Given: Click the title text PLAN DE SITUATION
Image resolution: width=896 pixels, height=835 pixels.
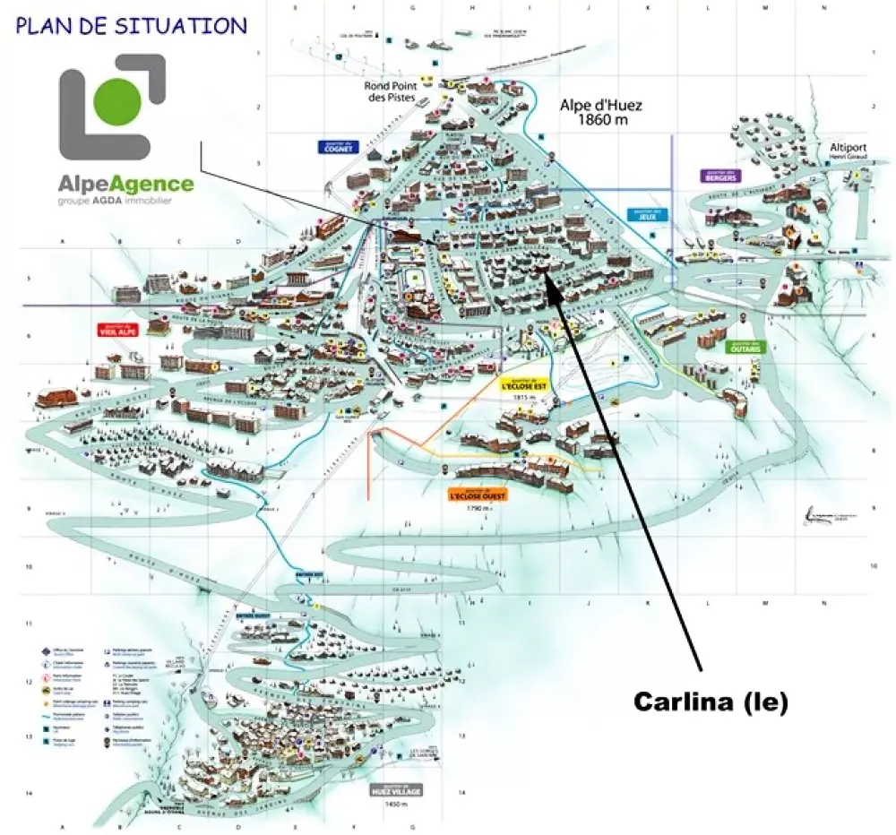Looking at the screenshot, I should pyautogui.click(x=131, y=25).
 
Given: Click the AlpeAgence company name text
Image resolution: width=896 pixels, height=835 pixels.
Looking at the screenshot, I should pyautogui.click(x=125, y=185).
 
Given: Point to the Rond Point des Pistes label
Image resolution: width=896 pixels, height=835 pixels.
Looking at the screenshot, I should pyautogui.click(x=389, y=91).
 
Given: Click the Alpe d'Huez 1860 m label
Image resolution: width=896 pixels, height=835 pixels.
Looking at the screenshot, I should pyautogui.click(x=601, y=111).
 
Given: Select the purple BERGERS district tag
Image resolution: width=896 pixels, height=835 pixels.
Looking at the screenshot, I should pyautogui.click(x=720, y=176).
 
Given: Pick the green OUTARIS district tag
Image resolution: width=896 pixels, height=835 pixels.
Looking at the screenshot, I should pyautogui.click(x=746, y=348).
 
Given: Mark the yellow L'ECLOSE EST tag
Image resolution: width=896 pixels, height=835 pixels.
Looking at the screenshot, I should pyautogui.click(x=522, y=385).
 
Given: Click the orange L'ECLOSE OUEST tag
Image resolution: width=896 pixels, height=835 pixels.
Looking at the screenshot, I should pyautogui.click(x=478, y=494).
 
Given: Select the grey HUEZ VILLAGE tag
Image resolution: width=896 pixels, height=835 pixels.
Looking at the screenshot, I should pyautogui.click(x=394, y=791).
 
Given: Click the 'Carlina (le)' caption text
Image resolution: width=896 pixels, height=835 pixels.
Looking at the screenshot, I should pyautogui.click(x=711, y=702).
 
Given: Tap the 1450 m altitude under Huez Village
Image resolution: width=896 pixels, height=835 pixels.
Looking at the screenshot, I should pyautogui.click(x=394, y=805).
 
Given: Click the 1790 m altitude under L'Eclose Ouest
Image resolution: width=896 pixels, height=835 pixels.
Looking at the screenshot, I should pyautogui.click(x=478, y=509).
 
